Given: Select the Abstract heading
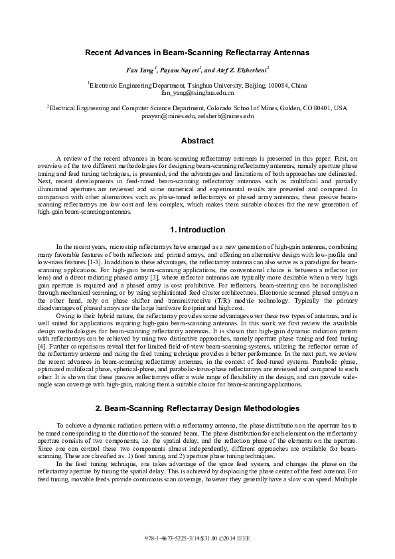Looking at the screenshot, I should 197,141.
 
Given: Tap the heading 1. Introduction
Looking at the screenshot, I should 197,230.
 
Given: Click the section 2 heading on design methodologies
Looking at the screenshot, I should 197,407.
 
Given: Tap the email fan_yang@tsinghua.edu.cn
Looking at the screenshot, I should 197,94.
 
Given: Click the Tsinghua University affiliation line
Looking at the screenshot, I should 197,86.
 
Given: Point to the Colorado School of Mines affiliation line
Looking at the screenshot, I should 197,108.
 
